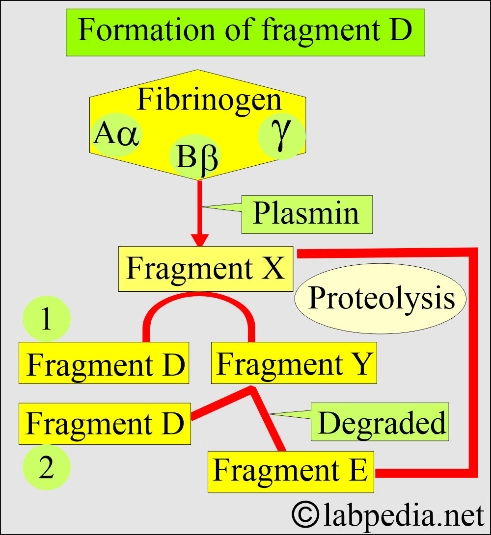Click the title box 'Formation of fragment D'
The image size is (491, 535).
(245, 30)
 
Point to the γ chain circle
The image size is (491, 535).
(281, 136)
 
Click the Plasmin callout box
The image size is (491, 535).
(306, 214)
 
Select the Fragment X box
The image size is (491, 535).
(205, 269)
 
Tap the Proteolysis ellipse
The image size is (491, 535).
(381, 299)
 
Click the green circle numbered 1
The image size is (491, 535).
(47, 319)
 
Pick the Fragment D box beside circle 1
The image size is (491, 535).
(104, 363)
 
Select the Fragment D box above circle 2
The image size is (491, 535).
(105, 424)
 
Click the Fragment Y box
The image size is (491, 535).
(294, 363)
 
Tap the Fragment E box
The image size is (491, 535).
(291, 471)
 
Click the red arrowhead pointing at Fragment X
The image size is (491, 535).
(199, 240)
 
